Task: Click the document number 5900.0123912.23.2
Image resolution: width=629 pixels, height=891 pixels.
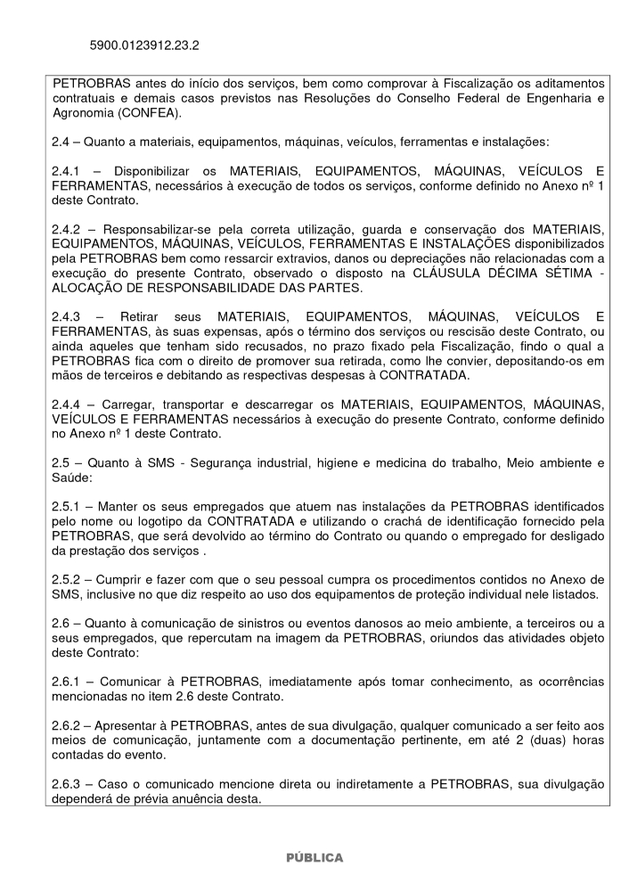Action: coord(144,44)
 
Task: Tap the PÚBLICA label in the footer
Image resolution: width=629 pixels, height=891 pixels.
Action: coord(314,857)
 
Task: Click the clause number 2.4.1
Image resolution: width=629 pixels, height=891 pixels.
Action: coord(69,170)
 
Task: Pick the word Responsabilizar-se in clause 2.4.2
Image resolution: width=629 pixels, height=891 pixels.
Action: coord(158,228)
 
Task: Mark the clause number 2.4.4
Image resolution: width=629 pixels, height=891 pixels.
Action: coord(69,403)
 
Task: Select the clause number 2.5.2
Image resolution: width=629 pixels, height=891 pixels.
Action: coord(69,579)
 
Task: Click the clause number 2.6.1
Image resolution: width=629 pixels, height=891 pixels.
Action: coord(69,681)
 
